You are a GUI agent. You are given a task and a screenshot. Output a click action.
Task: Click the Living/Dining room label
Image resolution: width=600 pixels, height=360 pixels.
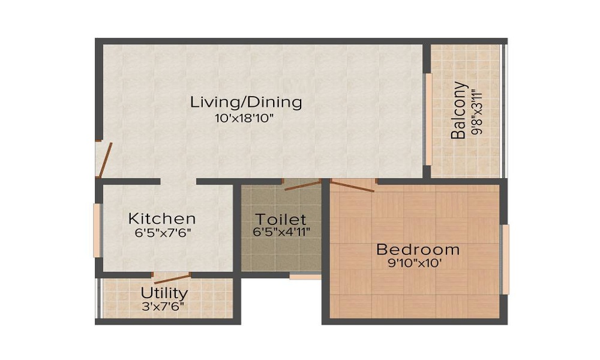click(246, 102)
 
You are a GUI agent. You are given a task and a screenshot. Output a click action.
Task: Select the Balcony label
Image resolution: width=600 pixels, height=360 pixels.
click(459, 110)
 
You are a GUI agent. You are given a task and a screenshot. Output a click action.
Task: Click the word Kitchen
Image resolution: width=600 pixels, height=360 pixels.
click(162, 218)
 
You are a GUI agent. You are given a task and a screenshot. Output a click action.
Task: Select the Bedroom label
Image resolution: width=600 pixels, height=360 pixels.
click(418, 249)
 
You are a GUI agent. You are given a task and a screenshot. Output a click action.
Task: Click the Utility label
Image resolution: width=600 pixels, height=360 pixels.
click(164, 293)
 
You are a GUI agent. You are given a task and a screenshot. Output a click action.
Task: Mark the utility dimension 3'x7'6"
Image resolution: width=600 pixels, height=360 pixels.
click(163, 306)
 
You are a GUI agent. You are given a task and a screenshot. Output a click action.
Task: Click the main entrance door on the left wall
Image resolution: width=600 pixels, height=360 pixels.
click(103, 160)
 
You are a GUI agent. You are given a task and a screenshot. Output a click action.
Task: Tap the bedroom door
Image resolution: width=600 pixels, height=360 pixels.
click(352, 186)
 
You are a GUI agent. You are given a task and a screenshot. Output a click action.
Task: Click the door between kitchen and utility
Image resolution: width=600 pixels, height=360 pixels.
click(172, 278)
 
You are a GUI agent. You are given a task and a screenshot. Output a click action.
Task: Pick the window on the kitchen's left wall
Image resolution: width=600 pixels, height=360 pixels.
click(97, 231)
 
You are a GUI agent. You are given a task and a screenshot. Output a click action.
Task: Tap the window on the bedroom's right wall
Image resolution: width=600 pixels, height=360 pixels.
click(506, 260)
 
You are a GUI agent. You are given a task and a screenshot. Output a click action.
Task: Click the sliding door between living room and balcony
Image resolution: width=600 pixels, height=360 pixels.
click(428, 119)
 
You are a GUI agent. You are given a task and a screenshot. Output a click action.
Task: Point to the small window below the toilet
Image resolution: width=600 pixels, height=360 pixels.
click(305, 277)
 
